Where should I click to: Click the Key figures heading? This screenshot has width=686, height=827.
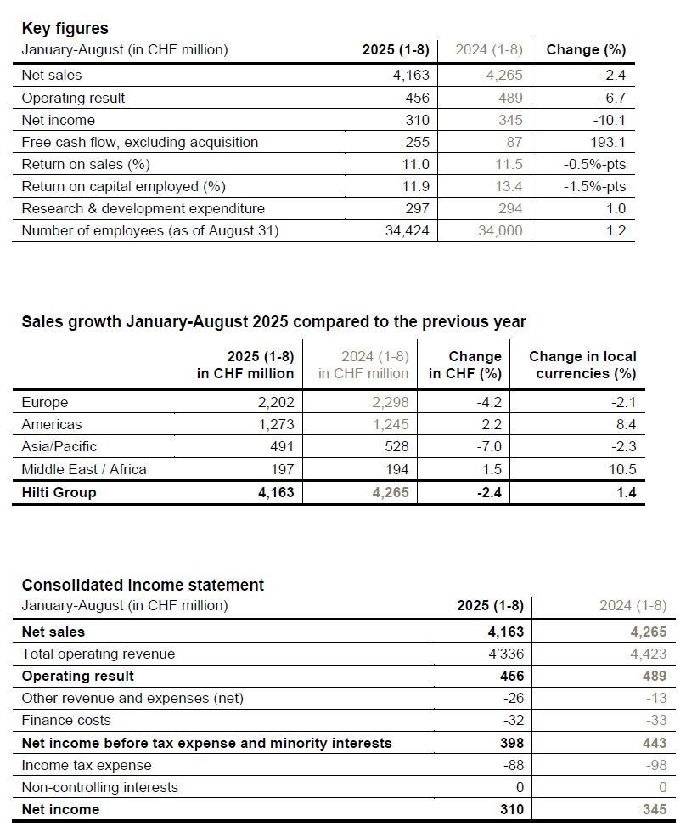[x=65, y=28]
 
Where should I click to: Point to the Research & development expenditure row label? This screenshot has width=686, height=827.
[x=143, y=208]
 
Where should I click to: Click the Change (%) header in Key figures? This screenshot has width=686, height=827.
[x=586, y=49]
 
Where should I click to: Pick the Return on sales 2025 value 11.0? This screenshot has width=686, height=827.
[x=417, y=164]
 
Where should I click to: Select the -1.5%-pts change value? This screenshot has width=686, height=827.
[x=594, y=186]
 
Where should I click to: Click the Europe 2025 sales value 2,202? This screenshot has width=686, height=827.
[x=274, y=402]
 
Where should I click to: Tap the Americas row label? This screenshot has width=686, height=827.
[x=52, y=424]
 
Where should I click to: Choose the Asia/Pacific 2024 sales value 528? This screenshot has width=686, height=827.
[x=396, y=446]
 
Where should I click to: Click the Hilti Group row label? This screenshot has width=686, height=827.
[x=59, y=492]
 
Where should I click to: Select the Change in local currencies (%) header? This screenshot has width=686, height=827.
[x=582, y=365]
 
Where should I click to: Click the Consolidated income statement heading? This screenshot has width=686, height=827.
[x=143, y=585]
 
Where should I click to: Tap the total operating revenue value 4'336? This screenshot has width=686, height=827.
[x=504, y=654]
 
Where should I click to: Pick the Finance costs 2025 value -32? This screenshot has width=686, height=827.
[x=514, y=720]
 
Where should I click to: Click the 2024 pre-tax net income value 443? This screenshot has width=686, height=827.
[x=654, y=743]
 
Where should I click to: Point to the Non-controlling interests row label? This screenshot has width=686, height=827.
[x=99, y=787]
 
